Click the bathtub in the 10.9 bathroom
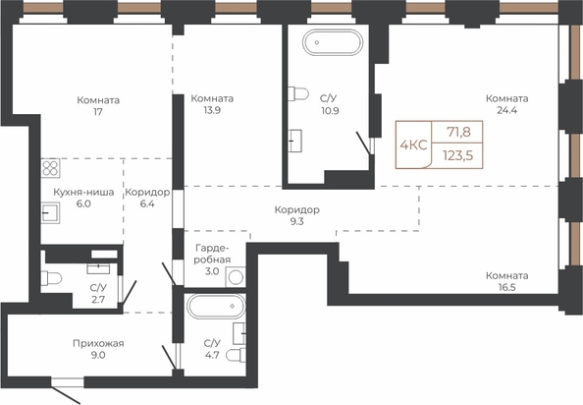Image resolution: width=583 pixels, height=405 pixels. coord(332,42)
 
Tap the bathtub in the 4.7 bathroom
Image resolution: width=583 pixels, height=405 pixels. coord(216,306)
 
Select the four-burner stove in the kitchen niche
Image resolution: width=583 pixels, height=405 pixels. coord(50,168)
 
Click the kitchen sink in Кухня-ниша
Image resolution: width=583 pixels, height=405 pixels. coord(50,213)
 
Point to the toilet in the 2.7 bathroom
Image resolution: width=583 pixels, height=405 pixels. coord(51,278)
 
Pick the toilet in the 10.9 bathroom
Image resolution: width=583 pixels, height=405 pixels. coord(298,93)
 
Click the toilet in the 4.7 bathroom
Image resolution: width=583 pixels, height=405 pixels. coord(236,355)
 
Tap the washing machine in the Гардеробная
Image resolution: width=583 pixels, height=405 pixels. coord(236,277)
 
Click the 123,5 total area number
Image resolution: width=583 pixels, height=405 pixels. coord(457,155)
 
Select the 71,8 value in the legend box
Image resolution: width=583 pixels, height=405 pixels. coord(458,132)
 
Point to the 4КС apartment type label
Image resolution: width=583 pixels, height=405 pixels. coord(413,145)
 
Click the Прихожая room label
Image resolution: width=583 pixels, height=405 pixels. coord(98,343)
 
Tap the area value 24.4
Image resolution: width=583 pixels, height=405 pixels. coord(507,110)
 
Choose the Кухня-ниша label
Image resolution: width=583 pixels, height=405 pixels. coord(83,192)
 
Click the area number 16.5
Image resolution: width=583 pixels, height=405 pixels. coord(507,287)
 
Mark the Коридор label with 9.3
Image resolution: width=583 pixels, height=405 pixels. coord(297,210)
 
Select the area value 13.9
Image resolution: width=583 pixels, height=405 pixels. coord(212,110)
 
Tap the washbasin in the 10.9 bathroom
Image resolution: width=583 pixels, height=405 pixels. coord(294,141)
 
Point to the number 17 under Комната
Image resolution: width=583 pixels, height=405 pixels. coord(98,112)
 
